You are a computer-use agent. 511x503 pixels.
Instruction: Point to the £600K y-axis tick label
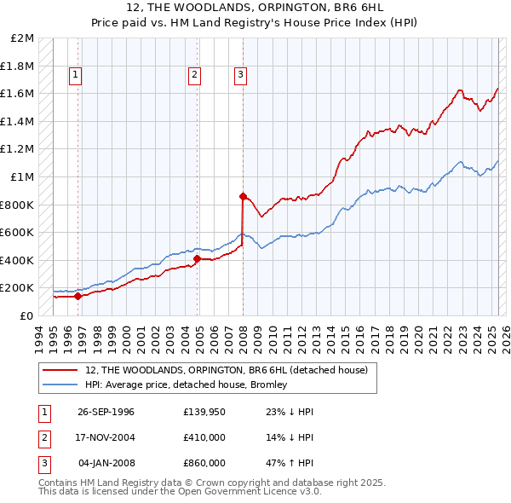point(19,232)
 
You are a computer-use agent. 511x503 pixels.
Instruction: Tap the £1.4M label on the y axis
point(19,121)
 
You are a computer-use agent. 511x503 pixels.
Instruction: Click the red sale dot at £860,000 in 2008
point(243,196)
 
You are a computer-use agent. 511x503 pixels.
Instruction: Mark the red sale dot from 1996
point(78,297)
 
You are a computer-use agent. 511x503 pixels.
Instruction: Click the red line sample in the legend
point(60,370)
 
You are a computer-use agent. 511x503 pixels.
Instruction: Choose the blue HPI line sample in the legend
point(60,384)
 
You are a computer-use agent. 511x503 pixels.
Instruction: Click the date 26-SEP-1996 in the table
point(106,412)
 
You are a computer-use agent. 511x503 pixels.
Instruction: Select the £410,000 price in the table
point(204,437)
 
